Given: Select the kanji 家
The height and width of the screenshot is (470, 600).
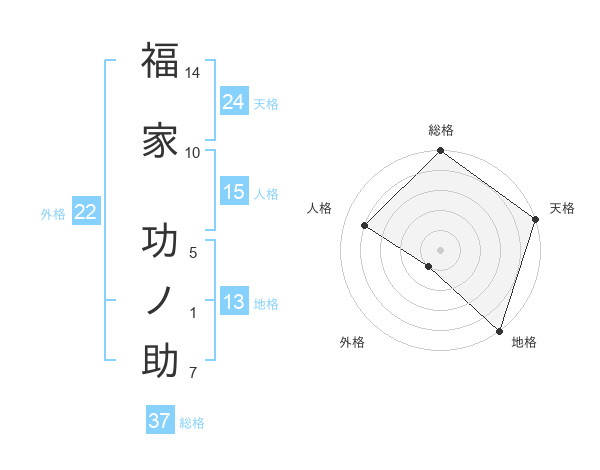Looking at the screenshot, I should (x=160, y=140).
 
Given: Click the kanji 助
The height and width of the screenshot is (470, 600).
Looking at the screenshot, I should (x=160, y=360).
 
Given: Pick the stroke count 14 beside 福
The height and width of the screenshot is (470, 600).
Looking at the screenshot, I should (x=193, y=73).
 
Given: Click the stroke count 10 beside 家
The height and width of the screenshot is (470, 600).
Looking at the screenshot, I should (x=193, y=152).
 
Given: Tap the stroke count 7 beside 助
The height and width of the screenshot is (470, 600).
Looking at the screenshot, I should (x=193, y=374).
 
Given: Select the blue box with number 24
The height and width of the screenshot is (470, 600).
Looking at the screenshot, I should (x=234, y=101).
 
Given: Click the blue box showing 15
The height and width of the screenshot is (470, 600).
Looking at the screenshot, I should (x=234, y=192).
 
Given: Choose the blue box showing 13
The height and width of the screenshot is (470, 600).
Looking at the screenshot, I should (x=234, y=302).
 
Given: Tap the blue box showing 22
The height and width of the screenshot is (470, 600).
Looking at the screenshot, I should (x=86, y=211).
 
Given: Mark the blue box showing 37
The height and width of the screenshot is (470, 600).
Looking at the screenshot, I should (x=159, y=421).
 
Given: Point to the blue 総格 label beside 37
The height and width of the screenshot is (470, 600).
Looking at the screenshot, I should (x=192, y=423).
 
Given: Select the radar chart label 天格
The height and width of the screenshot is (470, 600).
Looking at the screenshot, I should (x=562, y=208).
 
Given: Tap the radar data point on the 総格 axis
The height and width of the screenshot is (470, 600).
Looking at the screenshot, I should (x=440, y=153).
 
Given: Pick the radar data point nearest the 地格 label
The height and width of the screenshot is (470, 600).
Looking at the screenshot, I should (x=499, y=329).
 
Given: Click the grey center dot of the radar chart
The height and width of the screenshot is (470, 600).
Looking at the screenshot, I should (x=440, y=249).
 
